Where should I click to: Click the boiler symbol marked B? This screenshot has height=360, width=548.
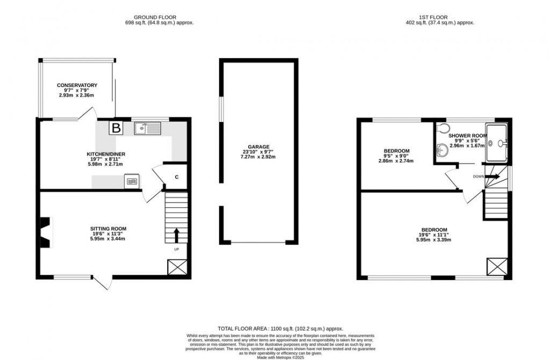click(116, 128)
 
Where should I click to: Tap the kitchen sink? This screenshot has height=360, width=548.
click(147, 128)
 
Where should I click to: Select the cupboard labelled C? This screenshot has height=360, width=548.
click(176, 178)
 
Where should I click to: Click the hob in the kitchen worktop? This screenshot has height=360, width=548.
click(132, 182)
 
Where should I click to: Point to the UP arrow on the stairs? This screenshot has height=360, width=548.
click(176, 235)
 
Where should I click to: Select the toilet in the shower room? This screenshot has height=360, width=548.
click(442, 128)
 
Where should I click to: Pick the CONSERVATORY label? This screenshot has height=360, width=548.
click(78, 85)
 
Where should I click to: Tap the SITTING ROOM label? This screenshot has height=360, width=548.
click(108, 229)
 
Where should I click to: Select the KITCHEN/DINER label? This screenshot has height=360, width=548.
click(106, 154)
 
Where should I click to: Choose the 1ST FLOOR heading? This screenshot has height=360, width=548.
click(440, 17)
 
